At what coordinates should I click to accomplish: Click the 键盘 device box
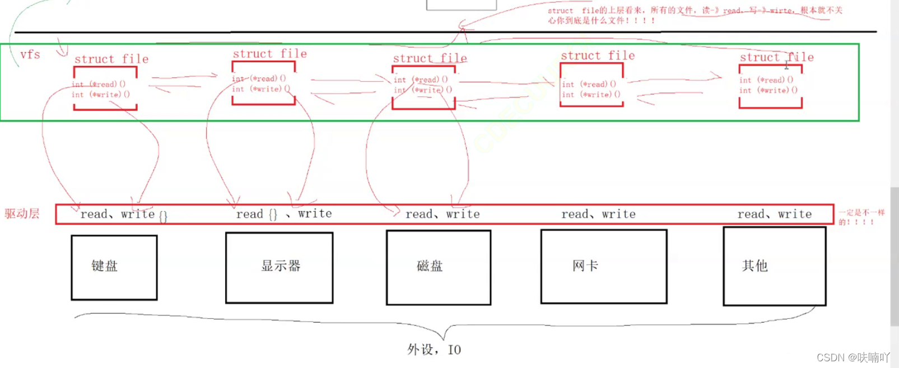114,267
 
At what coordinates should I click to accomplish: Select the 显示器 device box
279,267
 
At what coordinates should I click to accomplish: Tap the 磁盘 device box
438,267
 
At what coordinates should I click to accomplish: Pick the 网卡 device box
603,266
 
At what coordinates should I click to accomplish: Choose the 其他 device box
774,266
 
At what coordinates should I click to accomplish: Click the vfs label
30,55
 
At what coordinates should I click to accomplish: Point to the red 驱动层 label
22,213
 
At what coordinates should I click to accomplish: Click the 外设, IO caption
434,350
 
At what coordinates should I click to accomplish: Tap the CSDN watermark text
853,357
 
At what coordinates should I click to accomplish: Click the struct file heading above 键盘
111,59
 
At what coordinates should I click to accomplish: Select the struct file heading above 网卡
598,56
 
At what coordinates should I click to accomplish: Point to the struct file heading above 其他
776,58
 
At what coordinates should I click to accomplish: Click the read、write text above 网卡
598,214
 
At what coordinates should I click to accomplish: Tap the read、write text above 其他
774,214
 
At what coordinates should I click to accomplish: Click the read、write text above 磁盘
442,214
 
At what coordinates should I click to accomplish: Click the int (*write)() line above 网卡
591,95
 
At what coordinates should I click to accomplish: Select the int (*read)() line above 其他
766,80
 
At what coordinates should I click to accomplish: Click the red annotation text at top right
694,15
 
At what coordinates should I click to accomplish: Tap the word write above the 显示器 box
315,213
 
